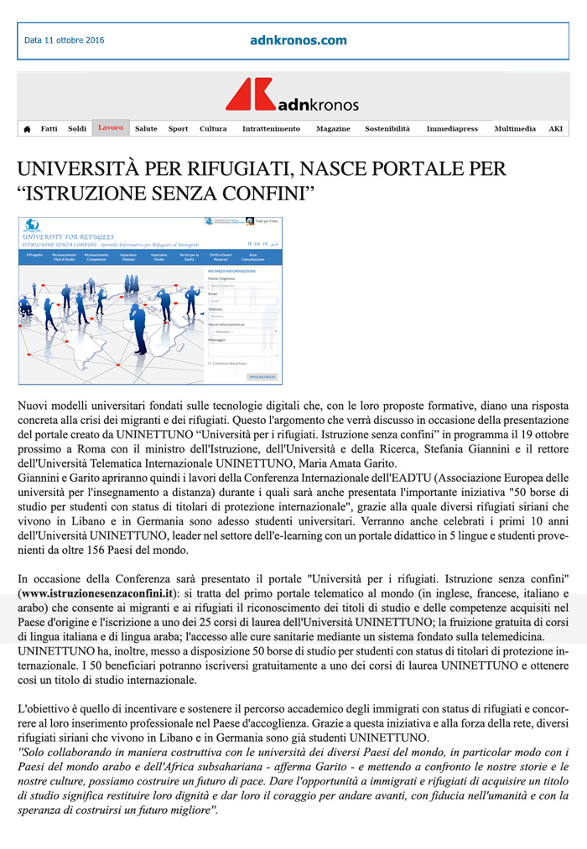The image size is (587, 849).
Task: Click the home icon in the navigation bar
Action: click(x=27, y=129)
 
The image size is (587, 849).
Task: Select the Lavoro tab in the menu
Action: click(x=110, y=128)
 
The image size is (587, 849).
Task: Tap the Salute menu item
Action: click(x=146, y=129)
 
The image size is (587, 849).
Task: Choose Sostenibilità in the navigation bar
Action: click(x=387, y=129)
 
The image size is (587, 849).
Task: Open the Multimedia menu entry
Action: click(x=515, y=129)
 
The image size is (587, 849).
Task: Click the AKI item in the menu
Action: click(x=556, y=129)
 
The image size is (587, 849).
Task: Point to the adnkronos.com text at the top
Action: click(x=298, y=40)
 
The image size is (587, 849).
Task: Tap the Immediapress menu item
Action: click(x=452, y=129)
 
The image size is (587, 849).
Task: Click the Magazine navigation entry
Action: click(x=333, y=129)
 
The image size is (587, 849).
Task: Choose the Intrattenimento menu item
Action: click(x=271, y=129)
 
